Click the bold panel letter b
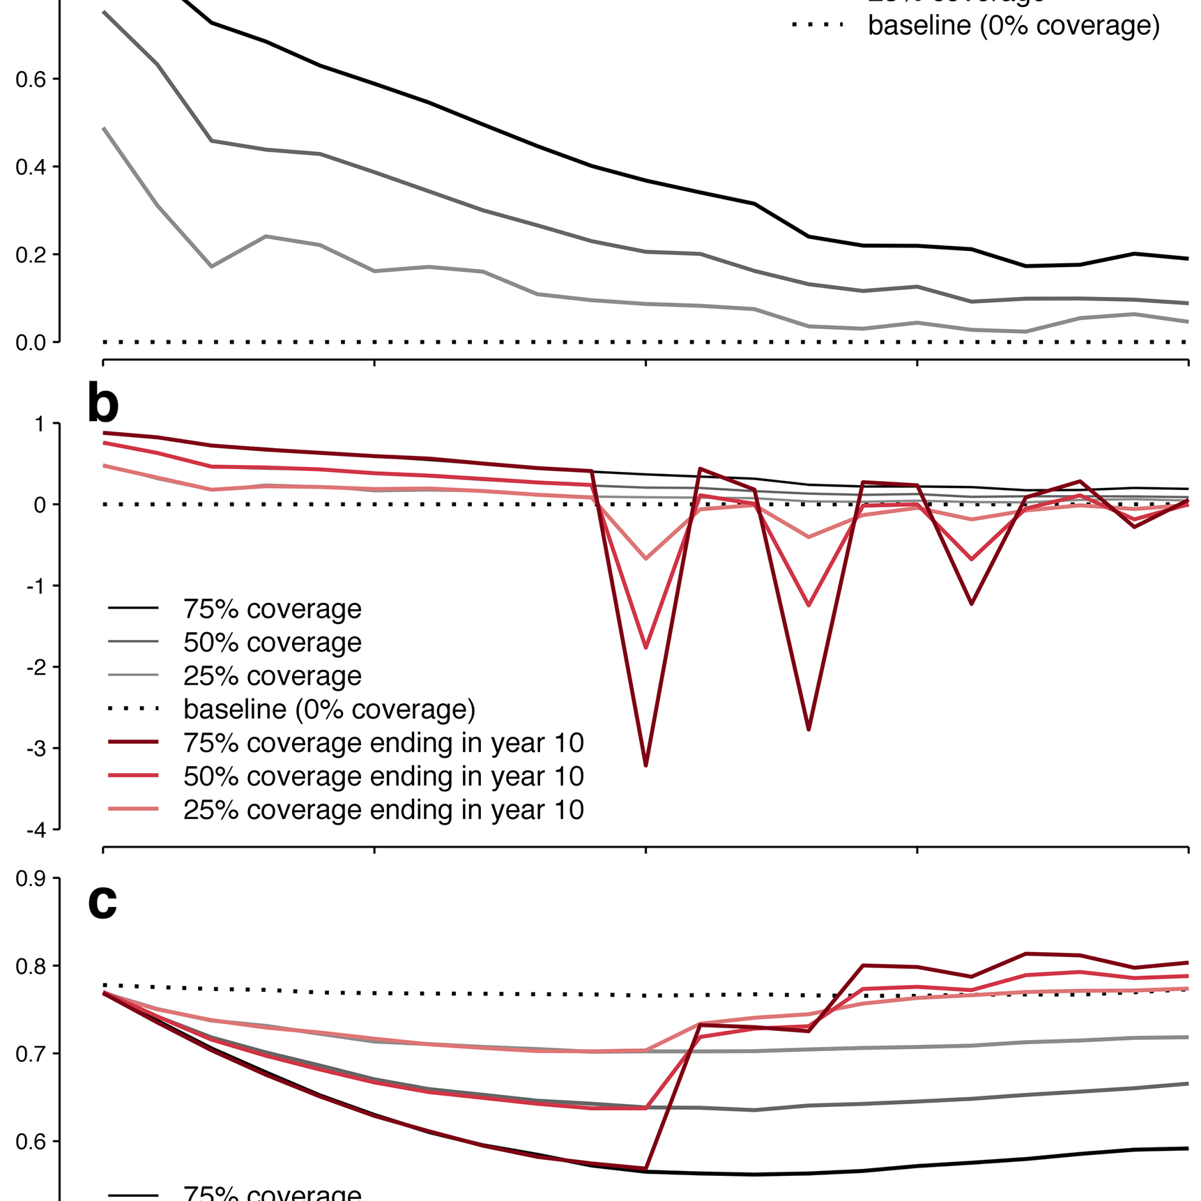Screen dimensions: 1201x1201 [x=103, y=404]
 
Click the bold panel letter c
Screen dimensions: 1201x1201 [x=102, y=901]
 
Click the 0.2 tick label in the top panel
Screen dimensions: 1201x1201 [x=31, y=255]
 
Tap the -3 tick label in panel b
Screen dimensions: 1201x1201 [x=36, y=749]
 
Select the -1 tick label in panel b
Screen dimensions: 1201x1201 [x=36, y=586]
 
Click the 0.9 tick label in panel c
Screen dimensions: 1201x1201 [x=31, y=878]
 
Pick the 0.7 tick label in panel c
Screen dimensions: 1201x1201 [x=31, y=1054]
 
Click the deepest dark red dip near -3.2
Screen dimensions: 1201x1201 [x=646, y=765]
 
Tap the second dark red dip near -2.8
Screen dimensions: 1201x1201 [x=809, y=728]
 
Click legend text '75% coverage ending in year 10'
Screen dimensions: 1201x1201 [x=383, y=743]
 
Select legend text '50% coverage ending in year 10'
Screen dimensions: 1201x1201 [x=383, y=777]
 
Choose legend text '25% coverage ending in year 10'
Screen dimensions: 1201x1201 [x=383, y=810]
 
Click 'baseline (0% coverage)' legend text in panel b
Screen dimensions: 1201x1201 [x=329, y=710]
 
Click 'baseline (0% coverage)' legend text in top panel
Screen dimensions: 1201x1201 [x=1013, y=26]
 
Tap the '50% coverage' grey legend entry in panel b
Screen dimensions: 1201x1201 [x=272, y=643]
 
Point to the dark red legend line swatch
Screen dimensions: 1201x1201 [x=133, y=743]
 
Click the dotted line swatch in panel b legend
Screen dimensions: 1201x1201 [x=133, y=710]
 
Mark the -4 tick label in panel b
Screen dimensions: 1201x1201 [x=36, y=830]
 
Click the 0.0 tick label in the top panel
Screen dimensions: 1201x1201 [x=31, y=343]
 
